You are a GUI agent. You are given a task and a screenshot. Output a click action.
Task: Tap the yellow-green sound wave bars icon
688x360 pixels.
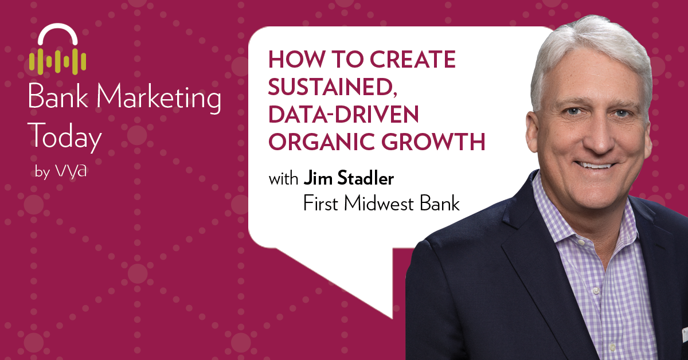point(57,61)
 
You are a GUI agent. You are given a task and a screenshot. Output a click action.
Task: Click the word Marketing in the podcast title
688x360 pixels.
point(159,97)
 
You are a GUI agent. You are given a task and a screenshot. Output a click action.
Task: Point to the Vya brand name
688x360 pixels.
point(71,170)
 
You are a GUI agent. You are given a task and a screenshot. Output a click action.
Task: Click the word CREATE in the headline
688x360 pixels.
point(412,59)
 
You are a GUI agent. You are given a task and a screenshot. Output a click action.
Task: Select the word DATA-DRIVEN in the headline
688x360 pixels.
point(343,114)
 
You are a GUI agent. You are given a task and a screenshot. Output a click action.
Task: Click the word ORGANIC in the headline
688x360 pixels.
point(321,142)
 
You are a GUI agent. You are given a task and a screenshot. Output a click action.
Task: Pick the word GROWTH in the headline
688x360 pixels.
point(433,142)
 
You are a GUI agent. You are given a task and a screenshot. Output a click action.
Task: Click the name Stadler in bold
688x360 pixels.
point(365,178)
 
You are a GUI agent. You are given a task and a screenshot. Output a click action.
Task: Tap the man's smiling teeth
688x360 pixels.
point(595,166)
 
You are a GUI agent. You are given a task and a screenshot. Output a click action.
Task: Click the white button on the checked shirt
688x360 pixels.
point(596,290)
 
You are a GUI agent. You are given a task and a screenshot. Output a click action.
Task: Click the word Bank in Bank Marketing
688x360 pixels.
point(58,96)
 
